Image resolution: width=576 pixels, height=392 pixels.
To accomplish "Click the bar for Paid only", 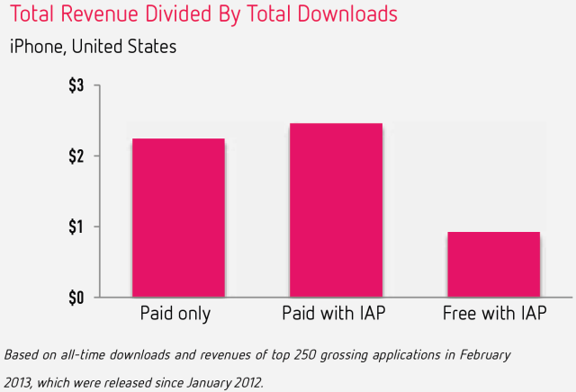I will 178,218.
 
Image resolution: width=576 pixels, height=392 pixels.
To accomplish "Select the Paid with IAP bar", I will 336,209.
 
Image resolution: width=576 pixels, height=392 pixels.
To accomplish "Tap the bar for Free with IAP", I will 492,264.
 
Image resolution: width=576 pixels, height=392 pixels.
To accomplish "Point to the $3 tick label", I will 76,86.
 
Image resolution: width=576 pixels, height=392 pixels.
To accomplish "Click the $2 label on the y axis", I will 76,156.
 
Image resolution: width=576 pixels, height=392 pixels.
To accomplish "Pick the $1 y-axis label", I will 76,227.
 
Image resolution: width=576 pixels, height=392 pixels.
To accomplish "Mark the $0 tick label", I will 76,298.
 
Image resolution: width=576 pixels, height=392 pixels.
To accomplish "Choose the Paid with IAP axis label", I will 336,315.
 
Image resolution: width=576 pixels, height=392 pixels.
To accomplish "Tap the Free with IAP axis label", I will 493,315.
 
